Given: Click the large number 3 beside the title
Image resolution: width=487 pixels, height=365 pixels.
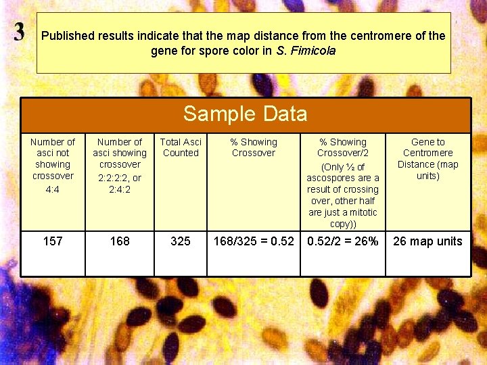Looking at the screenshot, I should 20,32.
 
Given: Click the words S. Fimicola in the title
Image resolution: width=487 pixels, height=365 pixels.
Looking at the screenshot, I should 306,51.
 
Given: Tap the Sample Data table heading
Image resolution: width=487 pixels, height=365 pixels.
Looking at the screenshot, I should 245,114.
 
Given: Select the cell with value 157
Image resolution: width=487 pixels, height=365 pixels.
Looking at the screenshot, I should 53,241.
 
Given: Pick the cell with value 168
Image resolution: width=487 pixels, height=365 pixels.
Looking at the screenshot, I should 120,241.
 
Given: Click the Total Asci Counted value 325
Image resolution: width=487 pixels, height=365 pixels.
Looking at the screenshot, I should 181,241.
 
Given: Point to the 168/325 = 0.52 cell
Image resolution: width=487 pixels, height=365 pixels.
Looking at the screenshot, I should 254,241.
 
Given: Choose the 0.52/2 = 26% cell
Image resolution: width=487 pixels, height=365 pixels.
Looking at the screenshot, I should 343,241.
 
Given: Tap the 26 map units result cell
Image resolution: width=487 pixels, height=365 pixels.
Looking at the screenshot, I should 427,241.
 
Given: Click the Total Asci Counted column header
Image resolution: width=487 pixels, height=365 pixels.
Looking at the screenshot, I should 181,147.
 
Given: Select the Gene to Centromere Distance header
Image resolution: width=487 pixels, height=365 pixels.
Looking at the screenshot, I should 427,159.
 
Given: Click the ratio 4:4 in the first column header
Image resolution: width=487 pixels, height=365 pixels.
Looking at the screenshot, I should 53,190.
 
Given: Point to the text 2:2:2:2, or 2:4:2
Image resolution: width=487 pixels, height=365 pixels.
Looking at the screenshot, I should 120,184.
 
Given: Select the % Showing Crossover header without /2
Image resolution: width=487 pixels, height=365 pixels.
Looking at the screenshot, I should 254,147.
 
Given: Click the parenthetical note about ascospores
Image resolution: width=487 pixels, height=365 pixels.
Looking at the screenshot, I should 343,195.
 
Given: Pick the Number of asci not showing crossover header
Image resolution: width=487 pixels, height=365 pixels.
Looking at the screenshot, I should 53,159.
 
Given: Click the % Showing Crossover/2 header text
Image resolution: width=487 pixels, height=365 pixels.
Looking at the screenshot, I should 343,147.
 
